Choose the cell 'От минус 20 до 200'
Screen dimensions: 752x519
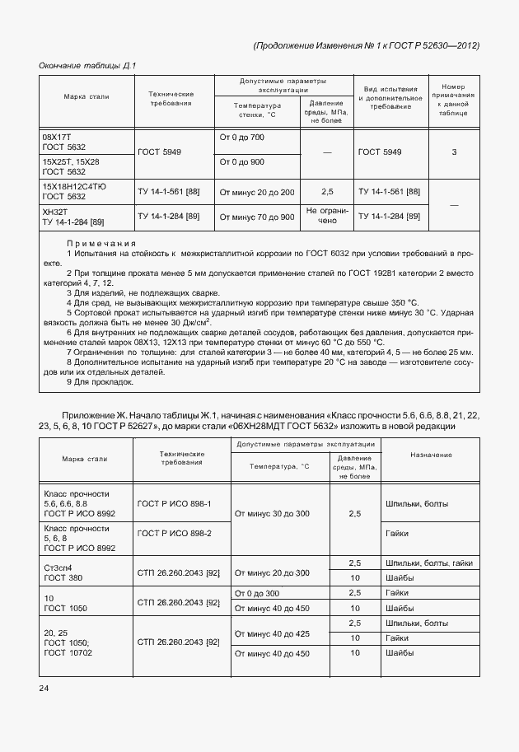coord(256,192)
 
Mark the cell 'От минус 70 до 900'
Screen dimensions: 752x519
coord(256,217)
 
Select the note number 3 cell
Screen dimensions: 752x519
coord(454,152)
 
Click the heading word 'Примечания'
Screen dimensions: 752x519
coord(101,244)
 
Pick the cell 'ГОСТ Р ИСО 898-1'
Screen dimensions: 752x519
coord(175,503)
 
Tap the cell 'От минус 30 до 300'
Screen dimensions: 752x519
coord(272,513)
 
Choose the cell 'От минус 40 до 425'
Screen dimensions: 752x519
coord(272,633)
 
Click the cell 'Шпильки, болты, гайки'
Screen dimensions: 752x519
coord(428,563)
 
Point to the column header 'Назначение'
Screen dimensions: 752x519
coord(428,455)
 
